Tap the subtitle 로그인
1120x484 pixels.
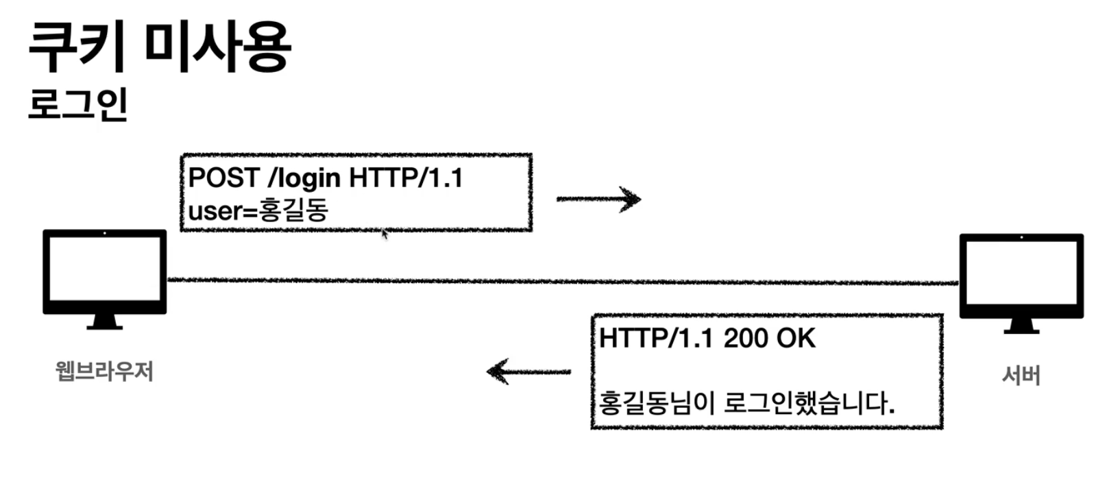[78, 104]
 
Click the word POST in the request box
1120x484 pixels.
[223, 178]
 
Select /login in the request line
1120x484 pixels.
[304, 178]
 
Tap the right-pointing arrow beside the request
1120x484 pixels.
[598, 199]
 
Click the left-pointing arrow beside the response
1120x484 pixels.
[528, 372]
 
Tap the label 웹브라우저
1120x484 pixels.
[104, 372]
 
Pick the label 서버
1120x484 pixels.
[1021, 375]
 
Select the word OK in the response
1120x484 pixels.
[796, 338]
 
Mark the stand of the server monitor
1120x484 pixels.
[1021, 326]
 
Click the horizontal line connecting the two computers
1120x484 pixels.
[562, 280]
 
